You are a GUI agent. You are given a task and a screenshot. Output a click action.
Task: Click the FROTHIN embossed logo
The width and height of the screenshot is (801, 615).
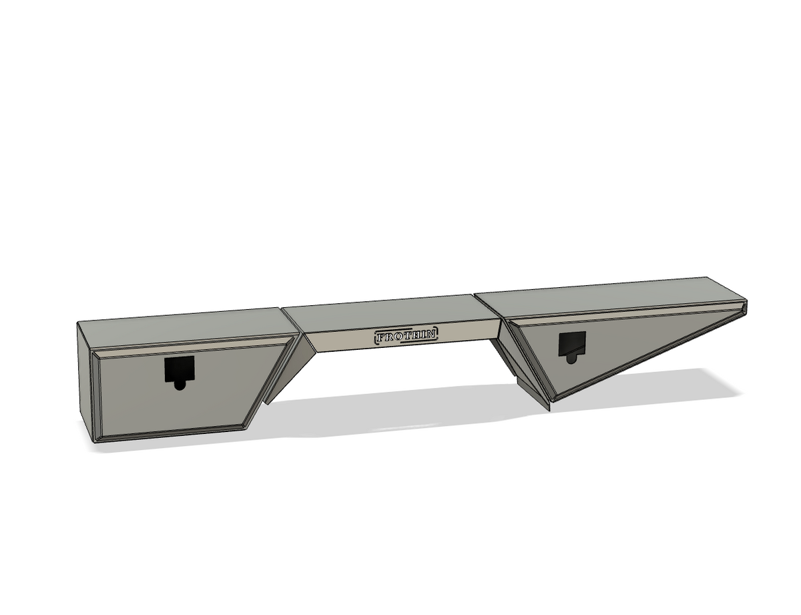tap(407, 335)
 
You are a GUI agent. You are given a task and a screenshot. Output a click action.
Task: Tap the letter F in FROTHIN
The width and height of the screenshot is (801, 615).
tap(380, 337)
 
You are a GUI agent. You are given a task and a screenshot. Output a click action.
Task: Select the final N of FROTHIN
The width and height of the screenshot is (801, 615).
tap(432, 334)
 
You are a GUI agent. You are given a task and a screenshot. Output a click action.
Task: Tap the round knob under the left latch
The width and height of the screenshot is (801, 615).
tap(180, 385)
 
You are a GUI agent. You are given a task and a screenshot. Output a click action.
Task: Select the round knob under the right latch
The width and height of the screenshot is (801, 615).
tap(571, 359)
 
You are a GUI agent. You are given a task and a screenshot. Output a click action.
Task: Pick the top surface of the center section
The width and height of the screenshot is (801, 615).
tap(390, 312)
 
